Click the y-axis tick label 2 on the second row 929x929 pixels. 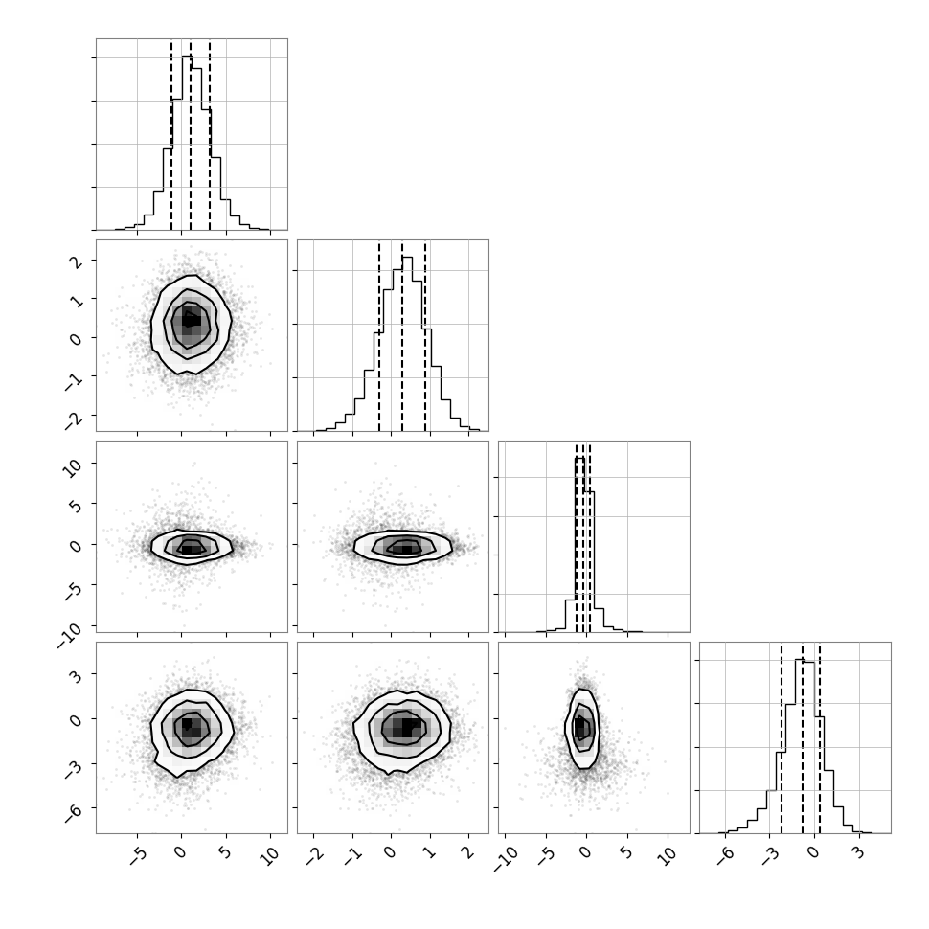coord(76,261)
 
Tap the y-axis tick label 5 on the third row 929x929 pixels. coord(76,504)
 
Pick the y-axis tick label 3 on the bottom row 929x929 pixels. coord(76,675)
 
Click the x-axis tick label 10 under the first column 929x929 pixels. coord(269,857)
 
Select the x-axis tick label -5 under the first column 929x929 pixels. coord(137,857)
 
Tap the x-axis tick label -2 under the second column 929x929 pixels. coord(313,857)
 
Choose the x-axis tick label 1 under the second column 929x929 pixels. coord(429,853)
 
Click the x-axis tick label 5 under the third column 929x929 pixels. coord(625,853)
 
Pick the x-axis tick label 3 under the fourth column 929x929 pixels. coord(857,853)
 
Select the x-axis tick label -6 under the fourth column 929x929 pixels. coord(725,857)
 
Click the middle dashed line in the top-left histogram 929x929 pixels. coord(191,134)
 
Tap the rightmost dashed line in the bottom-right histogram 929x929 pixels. coord(820,737)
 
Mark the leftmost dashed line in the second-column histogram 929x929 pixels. coord(379,335)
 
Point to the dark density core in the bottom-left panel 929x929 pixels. coord(187,724)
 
